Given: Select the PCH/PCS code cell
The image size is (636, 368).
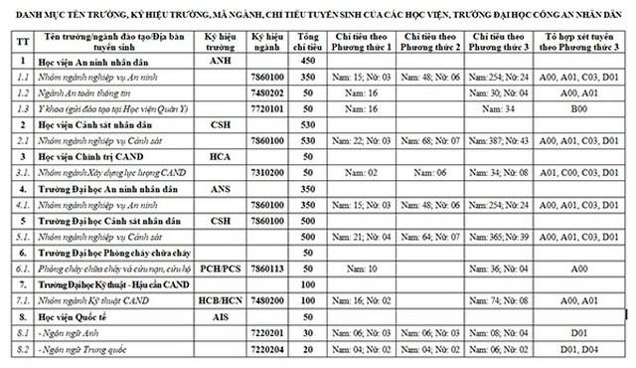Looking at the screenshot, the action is (x=219, y=269).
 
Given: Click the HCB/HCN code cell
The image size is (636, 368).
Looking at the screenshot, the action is (x=219, y=299).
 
